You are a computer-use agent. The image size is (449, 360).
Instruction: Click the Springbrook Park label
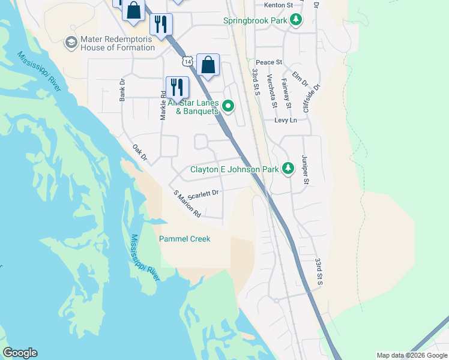[255, 20]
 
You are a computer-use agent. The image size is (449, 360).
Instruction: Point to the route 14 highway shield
[188, 62]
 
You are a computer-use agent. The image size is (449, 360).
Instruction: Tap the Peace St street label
[269, 62]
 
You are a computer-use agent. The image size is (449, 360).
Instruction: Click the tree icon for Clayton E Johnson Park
[288, 169]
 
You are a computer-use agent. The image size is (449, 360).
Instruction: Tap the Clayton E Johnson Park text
[234, 169]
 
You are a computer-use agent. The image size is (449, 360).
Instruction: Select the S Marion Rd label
[187, 204]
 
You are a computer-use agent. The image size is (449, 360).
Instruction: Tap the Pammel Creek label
[184, 239]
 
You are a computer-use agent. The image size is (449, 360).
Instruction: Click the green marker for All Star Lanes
[228, 107]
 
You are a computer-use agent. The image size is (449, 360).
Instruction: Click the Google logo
[20, 353]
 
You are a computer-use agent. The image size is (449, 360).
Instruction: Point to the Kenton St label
[278, 5]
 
